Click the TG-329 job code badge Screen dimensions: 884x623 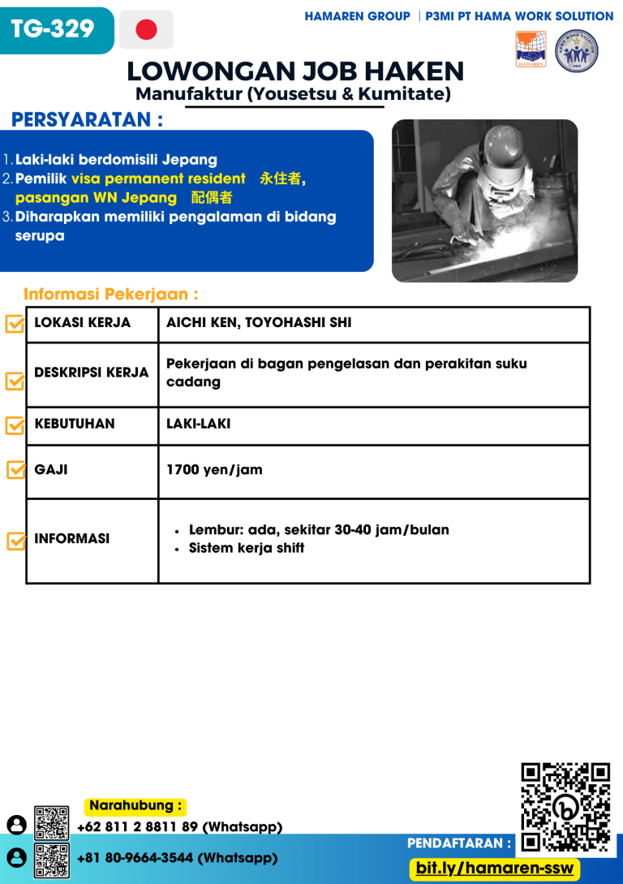53,30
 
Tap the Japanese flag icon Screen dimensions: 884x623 146,30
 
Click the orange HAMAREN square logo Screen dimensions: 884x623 531,50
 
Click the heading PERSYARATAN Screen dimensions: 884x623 87,120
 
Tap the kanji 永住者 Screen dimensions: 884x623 281,179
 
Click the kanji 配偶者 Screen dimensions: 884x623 212,198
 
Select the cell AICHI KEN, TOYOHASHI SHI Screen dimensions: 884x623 259,323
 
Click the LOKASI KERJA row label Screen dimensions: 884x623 82,323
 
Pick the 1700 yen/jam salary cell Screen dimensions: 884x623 214,470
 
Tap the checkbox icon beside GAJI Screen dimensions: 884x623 15,470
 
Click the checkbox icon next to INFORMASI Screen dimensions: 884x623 15,541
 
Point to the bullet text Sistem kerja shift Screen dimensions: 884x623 247,549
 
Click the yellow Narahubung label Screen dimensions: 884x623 135,806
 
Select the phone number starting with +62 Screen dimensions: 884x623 179,827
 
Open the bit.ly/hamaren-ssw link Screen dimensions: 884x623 494,869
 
